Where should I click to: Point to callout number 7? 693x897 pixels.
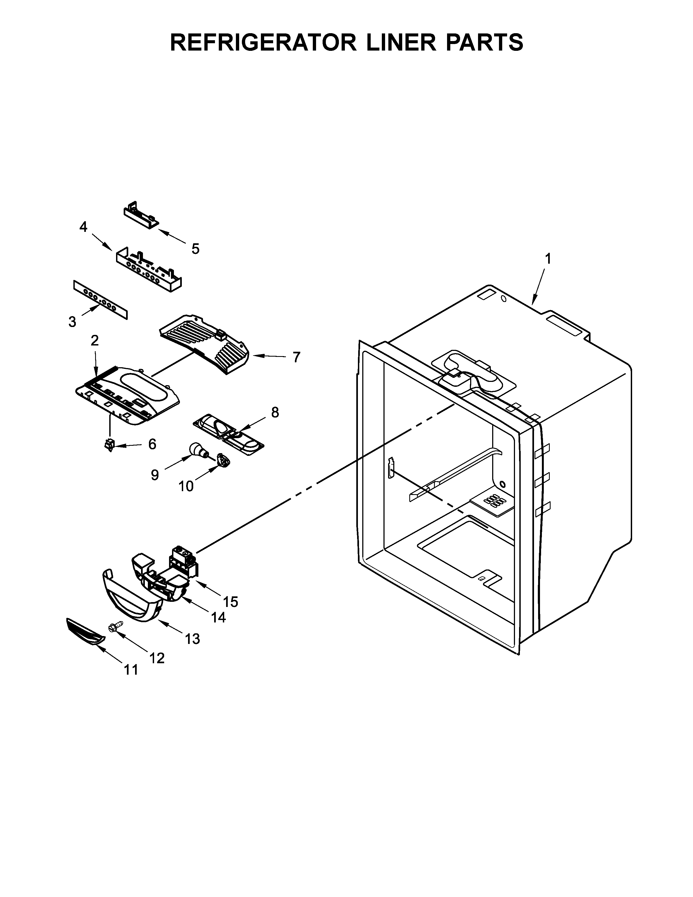tap(296, 357)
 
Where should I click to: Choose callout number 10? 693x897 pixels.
tap(186, 486)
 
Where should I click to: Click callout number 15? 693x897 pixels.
tap(230, 602)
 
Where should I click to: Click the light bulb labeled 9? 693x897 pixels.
tap(197, 450)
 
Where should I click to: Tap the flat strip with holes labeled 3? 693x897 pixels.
tap(101, 300)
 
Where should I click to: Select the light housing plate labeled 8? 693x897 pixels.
tap(228, 435)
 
